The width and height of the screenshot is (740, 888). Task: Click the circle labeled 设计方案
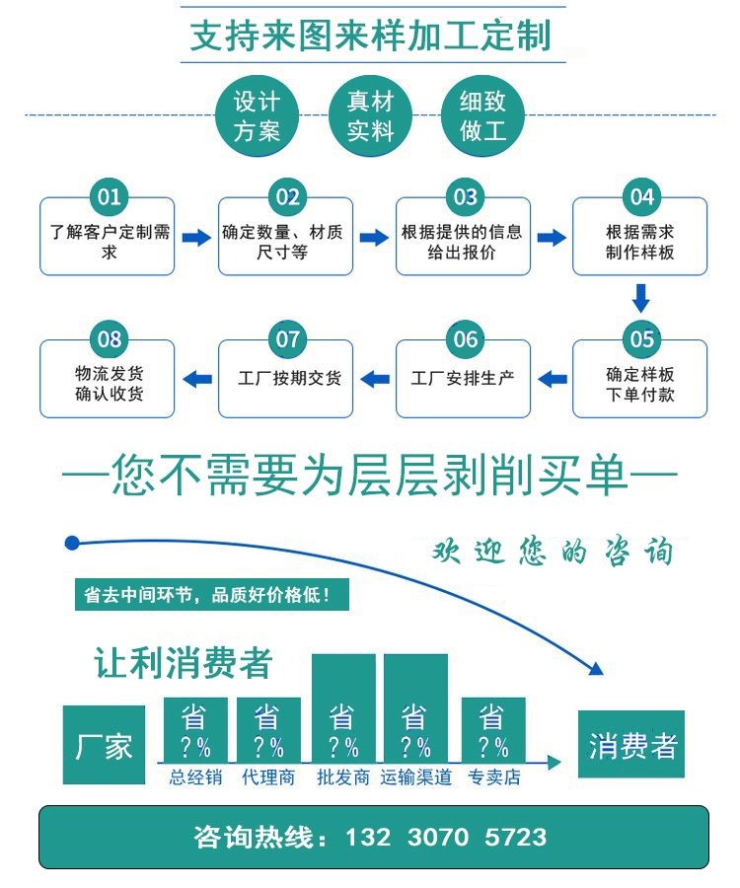(x=258, y=115)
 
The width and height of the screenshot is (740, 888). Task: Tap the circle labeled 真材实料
(x=370, y=115)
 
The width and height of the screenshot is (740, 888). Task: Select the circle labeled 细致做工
(x=483, y=115)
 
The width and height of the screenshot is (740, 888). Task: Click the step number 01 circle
(x=109, y=196)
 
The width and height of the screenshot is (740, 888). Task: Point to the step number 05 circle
(x=641, y=339)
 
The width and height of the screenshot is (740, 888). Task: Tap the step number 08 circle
(x=109, y=339)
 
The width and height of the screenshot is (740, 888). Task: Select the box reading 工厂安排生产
(x=462, y=378)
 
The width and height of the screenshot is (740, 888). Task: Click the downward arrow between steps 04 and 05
(x=641, y=297)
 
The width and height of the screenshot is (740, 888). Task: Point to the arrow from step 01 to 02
(x=196, y=238)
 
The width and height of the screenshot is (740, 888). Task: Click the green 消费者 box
(x=631, y=745)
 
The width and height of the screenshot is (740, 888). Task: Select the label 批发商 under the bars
(x=343, y=777)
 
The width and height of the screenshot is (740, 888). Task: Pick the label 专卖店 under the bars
(x=493, y=777)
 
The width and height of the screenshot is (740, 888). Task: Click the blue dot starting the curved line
(x=71, y=543)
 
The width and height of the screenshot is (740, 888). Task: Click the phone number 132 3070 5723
(x=446, y=838)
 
